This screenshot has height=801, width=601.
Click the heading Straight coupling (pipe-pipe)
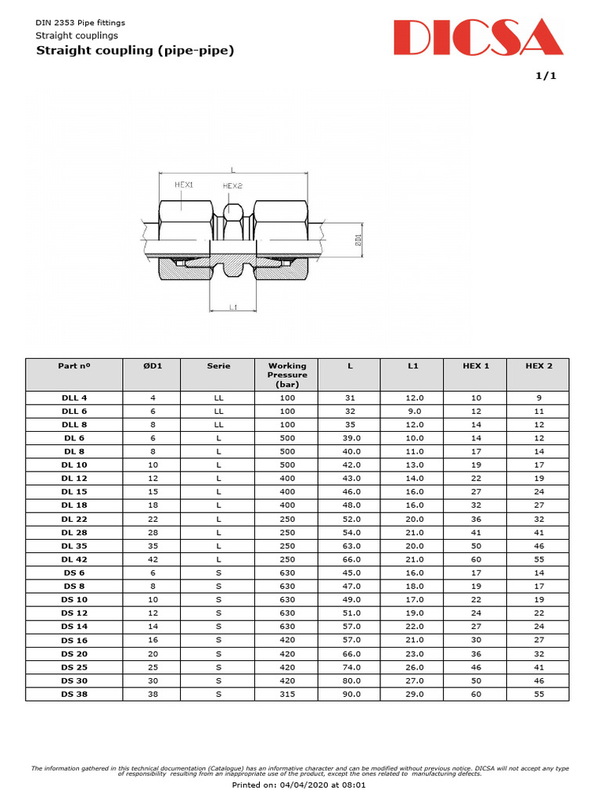pos(135,51)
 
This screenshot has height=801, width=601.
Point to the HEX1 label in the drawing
pos(184,185)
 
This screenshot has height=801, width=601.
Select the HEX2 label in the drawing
pos(232,186)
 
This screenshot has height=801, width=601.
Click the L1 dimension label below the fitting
pos(233,307)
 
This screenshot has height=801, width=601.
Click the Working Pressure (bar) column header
pos(287,375)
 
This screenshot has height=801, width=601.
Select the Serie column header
pos(218,365)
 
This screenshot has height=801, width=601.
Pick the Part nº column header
pos(74,365)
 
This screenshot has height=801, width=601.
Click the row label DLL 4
pos(74,398)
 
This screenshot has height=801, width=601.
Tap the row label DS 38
pos(74,694)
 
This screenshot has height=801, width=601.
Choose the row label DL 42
pos(74,559)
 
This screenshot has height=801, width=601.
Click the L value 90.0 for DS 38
pos(350,694)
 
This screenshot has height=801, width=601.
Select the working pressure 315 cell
pos(287,694)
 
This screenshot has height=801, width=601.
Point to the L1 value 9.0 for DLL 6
pos(412,411)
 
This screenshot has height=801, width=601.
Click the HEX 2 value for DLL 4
pos(538,398)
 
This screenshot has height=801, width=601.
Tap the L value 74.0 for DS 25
pos(350,667)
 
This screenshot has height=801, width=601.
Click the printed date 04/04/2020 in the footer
pos(309,784)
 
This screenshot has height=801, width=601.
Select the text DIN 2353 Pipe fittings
pos(81,23)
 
